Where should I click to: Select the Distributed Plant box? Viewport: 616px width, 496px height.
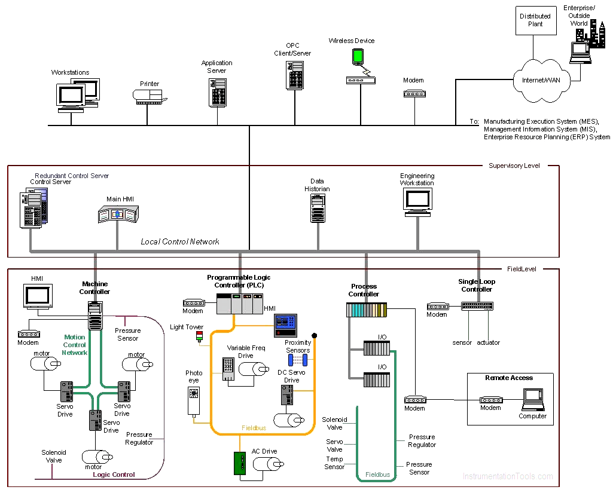(535, 20)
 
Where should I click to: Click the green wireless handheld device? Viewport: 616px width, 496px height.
(358, 57)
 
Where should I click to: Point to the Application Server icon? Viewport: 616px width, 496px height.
(217, 91)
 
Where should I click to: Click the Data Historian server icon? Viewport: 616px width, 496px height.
(318, 209)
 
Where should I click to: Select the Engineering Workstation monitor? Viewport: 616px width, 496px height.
(417, 201)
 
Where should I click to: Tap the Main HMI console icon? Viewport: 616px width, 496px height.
(118, 214)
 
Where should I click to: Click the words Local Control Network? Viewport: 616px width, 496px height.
(180, 242)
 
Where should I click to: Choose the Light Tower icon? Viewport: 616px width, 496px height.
(200, 337)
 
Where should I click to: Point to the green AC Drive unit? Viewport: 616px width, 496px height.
(240, 464)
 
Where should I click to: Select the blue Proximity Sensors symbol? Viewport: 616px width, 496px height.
(297, 360)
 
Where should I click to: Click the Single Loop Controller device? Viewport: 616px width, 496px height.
(477, 305)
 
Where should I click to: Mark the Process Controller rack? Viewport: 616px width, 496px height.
(367, 310)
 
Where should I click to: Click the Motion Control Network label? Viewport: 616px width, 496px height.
(75, 345)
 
